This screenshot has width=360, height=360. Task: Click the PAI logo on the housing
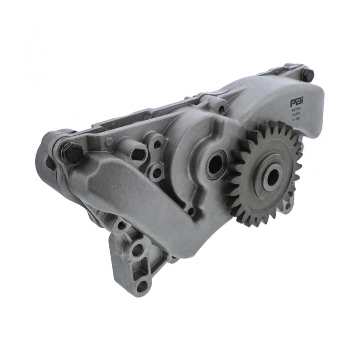pyautogui.click(x=297, y=103)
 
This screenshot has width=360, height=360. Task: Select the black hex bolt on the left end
pyautogui.click(x=72, y=153)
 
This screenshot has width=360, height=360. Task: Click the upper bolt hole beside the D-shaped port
pyautogui.click(x=157, y=144)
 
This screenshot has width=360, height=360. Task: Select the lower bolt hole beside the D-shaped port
pyautogui.click(x=157, y=172)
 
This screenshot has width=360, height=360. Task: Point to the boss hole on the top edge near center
pyautogui.click(x=221, y=109)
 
